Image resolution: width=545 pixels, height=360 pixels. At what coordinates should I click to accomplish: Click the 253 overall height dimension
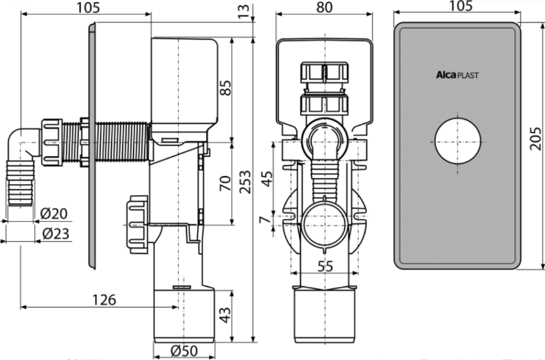coord(245,182)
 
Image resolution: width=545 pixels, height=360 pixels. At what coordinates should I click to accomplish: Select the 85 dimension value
coord(225,88)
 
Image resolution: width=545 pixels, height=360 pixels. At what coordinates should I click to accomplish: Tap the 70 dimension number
coord(225,183)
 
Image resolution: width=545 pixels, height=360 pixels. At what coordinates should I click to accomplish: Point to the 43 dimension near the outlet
coord(225,315)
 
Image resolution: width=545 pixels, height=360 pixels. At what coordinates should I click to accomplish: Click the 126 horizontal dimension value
coord(104,299)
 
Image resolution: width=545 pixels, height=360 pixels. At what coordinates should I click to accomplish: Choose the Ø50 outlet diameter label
coord(184,351)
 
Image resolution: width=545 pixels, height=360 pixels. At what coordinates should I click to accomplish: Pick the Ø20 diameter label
coord(54,214)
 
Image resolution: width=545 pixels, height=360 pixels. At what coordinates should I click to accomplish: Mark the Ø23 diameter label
coord(56,234)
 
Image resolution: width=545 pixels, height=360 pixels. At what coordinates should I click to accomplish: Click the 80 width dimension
coord(324,7)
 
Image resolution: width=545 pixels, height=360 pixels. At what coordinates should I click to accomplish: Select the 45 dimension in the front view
coord(267,179)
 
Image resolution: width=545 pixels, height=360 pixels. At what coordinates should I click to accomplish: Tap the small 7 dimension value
coord(265,220)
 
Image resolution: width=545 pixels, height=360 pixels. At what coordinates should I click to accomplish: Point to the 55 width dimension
coord(325,267)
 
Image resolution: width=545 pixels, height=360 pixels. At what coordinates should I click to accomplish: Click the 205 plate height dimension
coord(536,139)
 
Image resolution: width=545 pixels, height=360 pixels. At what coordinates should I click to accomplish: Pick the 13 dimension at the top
coord(244,11)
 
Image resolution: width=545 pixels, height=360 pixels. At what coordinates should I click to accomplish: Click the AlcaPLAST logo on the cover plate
coord(457,75)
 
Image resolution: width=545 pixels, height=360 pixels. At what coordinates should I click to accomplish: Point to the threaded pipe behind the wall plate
coord(122,142)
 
